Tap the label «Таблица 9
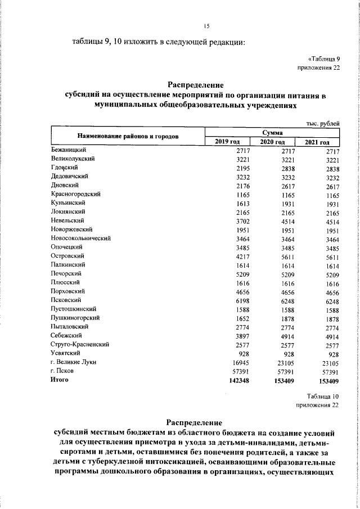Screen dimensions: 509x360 click(323, 58)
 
